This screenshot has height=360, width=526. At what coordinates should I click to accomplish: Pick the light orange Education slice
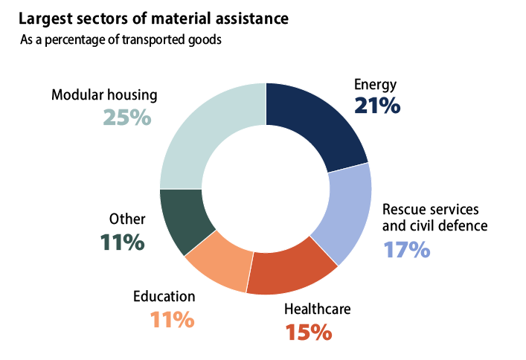tap(221, 263)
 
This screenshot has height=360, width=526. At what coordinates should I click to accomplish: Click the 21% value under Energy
tap(377, 106)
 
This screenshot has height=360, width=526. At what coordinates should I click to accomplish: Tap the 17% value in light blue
tap(406, 248)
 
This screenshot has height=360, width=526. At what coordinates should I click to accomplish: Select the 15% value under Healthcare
tap(308, 331)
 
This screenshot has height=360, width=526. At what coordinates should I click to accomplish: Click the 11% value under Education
tap(172, 320)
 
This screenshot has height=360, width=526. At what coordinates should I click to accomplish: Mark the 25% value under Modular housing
tap(127, 117)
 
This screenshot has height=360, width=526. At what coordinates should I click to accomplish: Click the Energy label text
tap(376, 84)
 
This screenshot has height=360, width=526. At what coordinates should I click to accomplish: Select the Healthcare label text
tap(318, 309)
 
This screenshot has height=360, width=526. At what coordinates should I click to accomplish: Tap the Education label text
tap(164, 297)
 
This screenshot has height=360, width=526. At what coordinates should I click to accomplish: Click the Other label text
tap(127, 219)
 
